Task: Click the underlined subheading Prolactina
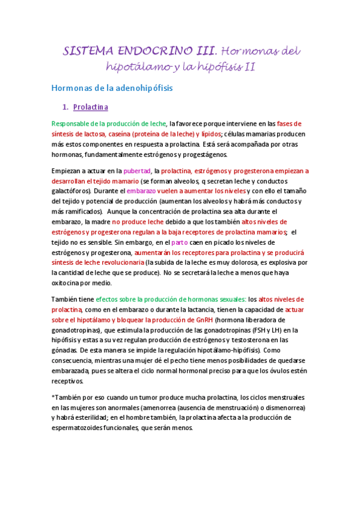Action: pos(90,108)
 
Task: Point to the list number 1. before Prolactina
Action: pos(66,108)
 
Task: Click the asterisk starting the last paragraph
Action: pos(53,398)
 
